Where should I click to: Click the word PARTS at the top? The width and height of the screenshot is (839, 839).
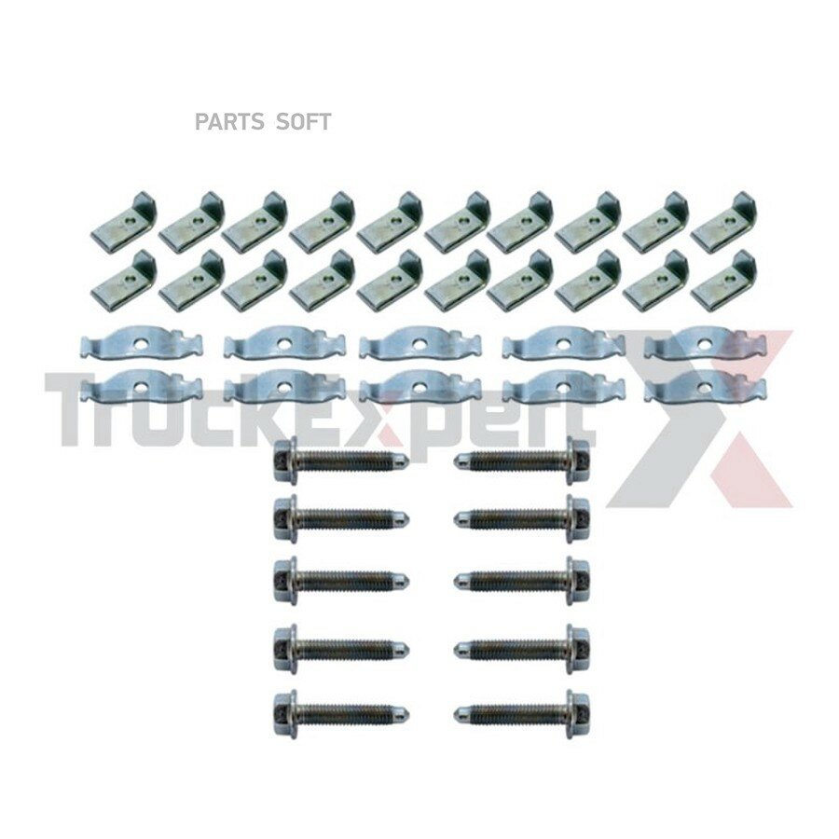pyautogui.click(x=229, y=122)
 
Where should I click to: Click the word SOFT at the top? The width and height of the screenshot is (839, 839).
pyautogui.click(x=303, y=122)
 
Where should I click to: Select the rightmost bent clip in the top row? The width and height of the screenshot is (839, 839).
pyautogui.click(x=724, y=216)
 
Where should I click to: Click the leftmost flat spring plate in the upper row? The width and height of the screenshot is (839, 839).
pyautogui.click(x=142, y=342)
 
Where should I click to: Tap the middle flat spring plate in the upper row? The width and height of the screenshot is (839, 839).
pyautogui.click(x=419, y=342)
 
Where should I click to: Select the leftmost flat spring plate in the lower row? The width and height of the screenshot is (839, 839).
pyautogui.click(x=142, y=385)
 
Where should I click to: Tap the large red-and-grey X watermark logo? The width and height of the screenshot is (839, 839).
pyautogui.click(x=701, y=418)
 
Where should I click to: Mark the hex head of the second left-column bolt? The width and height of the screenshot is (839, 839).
pyautogui.click(x=284, y=516)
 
